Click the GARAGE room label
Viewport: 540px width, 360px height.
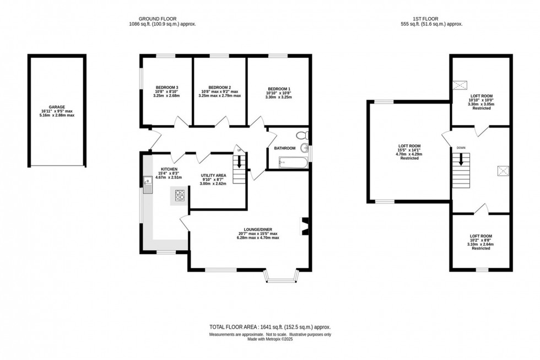(57, 107)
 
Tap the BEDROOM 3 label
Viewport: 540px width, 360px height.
(167, 87)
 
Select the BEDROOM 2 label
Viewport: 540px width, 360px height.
(219, 87)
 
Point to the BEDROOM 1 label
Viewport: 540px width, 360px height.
(279, 89)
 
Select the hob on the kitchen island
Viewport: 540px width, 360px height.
(180, 194)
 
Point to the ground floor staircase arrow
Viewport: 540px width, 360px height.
(239, 162)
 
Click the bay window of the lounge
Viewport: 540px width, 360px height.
(281, 277)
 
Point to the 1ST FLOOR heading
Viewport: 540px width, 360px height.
(431, 18)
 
